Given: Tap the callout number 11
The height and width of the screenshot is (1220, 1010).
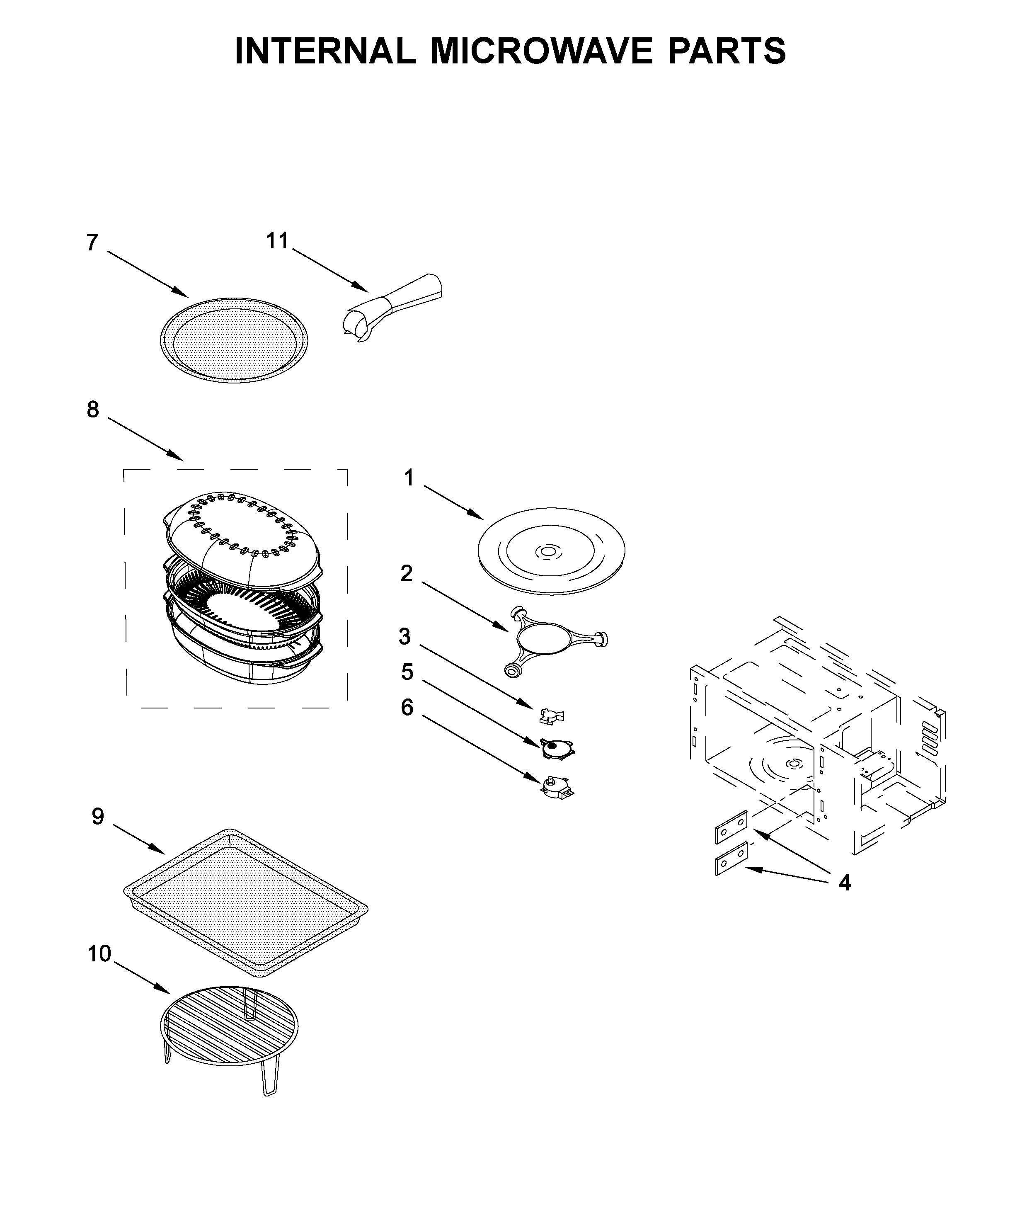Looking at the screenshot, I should coord(277,240).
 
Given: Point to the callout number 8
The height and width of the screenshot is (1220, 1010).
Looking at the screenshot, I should coord(93,410).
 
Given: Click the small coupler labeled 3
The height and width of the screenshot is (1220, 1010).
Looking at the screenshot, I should coord(551,717).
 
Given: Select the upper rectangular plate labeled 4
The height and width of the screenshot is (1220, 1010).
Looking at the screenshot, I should coord(731,827).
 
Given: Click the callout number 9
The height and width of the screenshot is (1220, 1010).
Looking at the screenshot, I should coord(97,817).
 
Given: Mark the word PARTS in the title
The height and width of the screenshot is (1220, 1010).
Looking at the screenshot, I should coord(726,51).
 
